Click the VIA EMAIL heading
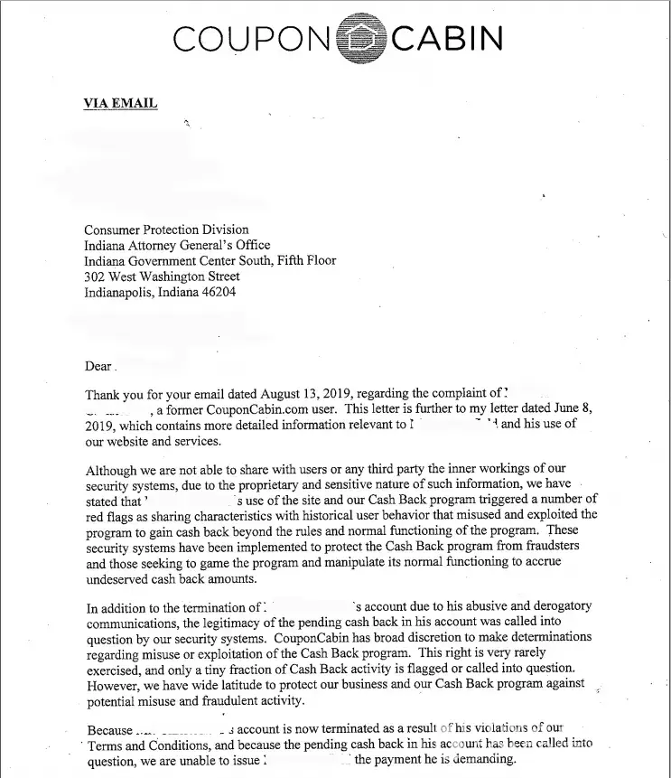tap(120, 103)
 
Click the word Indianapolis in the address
tap(118, 293)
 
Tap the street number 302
tap(95, 277)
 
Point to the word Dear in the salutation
tap(98, 367)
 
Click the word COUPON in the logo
tap(252, 40)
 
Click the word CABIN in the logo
tap(447, 40)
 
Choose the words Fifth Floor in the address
tap(303, 260)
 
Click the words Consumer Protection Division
tap(166, 230)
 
